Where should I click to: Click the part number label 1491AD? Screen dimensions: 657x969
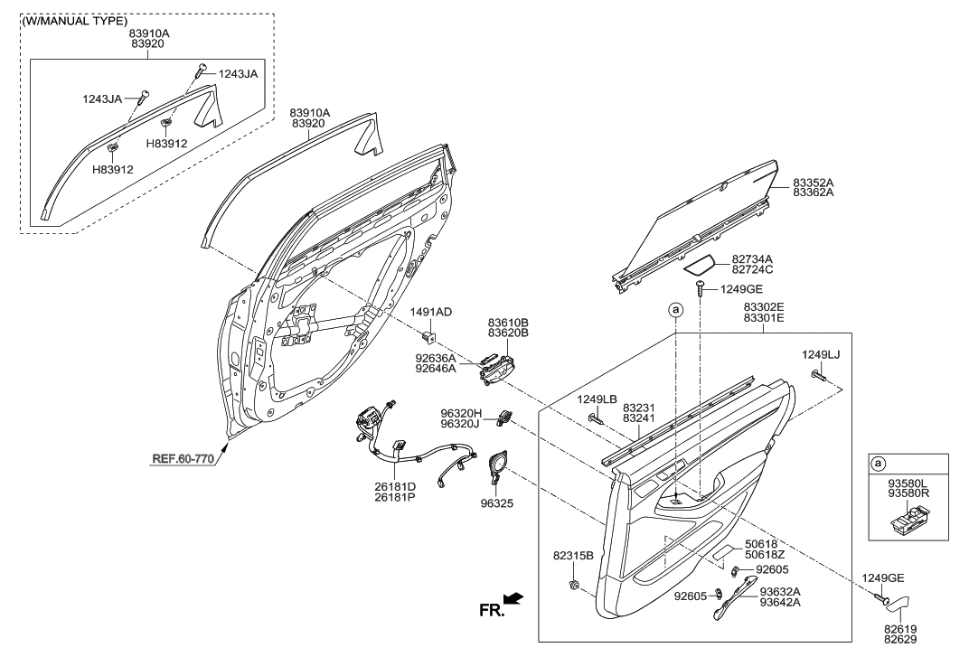[431, 312]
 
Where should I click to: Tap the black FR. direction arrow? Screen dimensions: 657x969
[513, 598]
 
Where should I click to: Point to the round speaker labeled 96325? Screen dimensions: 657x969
[496, 465]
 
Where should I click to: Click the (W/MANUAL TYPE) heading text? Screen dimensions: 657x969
[75, 20]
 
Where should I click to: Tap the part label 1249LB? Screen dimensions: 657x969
[597, 399]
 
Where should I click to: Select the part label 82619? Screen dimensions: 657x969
[907, 626]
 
